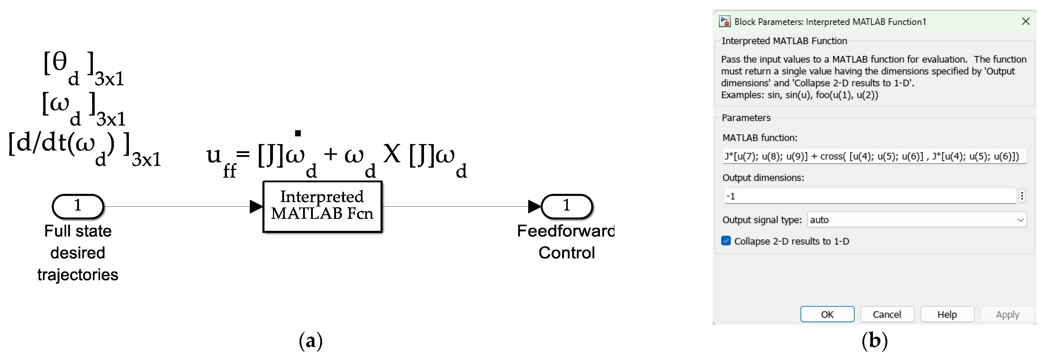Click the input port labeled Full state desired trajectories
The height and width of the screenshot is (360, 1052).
(78, 206)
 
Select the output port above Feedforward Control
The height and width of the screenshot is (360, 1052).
(567, 206)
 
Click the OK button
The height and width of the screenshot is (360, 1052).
(827, 314)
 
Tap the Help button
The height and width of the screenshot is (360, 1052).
(947, 314)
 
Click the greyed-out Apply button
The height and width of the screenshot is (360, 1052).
(1007, 314)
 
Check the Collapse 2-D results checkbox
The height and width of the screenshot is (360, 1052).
(726, 241)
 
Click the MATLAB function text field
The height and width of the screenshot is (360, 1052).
(874, 156)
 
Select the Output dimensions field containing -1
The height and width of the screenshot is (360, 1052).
(870, 196)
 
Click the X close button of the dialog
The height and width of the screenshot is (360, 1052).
(1026, 22)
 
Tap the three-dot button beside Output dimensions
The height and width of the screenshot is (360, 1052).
(1022, 196)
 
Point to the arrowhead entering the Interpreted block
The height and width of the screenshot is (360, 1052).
(256, 206)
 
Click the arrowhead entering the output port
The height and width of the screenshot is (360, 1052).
(534, 206)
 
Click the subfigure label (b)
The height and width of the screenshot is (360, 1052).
(874, 341)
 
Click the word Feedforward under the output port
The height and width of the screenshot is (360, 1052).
(565, 231)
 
